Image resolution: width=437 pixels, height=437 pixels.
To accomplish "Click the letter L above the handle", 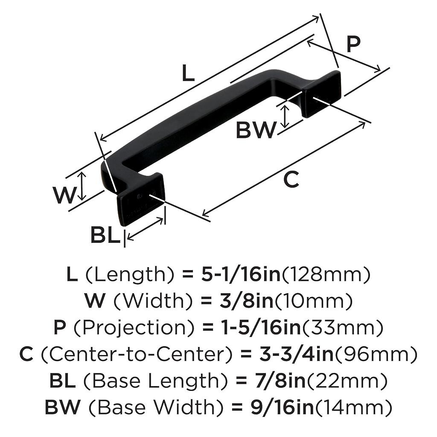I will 188,74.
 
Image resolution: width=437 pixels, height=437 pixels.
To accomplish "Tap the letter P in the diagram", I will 353,44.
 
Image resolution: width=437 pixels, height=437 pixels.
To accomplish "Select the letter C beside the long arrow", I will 291,180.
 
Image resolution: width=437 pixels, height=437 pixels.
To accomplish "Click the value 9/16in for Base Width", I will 282,407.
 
